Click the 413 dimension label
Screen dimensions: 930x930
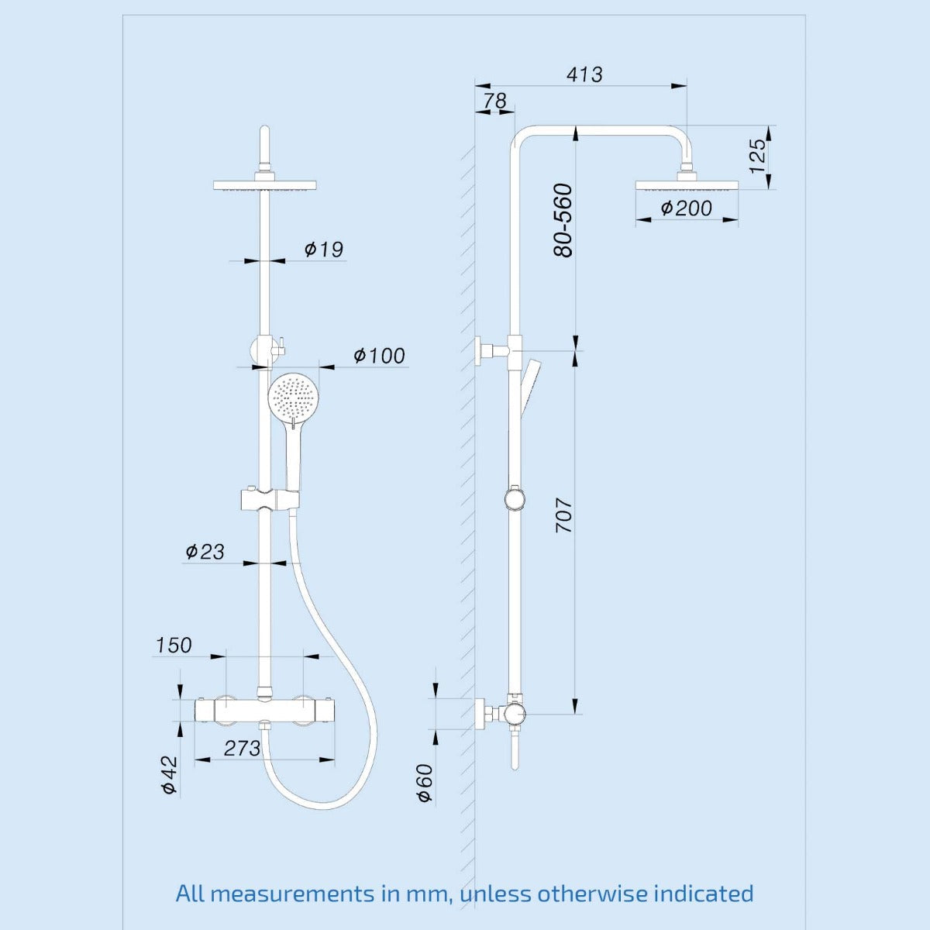click(x=584, y=74)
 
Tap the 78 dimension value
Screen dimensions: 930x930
click(x=494, y=101)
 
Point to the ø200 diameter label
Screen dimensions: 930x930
click(x=686, y=208)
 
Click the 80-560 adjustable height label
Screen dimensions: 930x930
click(x=563, y=220)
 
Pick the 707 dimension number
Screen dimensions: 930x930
click(x=563, y=515)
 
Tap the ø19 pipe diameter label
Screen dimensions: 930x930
click(x=323, y=249)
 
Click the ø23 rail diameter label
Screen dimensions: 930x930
click(x=205, y=551)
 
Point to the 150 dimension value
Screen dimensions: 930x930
click(x=174, y=645)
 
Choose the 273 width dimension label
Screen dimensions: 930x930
click(x=243, y=748)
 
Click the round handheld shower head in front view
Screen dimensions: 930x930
click(x=294, y=398)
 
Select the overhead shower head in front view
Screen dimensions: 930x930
click(x=266, y=184)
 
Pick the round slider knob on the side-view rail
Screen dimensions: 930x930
click(x=514, y=498)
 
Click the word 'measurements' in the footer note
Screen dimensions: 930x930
click(x=293, y=893)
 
